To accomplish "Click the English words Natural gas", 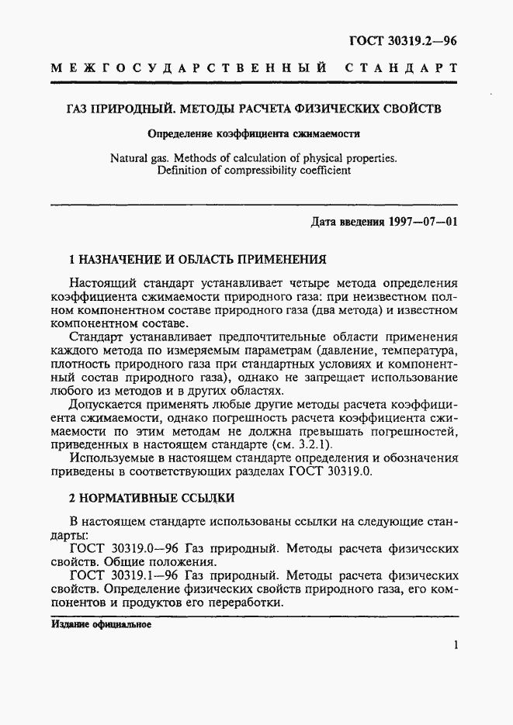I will [x=142, y=158].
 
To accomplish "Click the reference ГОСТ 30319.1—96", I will [x=125, y=577].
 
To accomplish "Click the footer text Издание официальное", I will [x=101, y=624].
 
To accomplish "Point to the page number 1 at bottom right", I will [x=456, y=645].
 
